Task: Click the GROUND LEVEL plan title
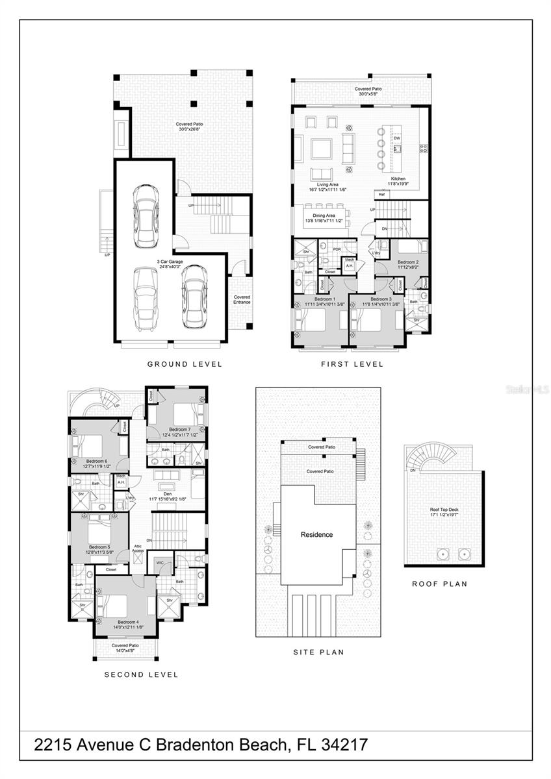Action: pos(185,364)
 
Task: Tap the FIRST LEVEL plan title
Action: pos(352,364)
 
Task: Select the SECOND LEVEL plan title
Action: pos(141,674)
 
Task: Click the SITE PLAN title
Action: pos(318,652)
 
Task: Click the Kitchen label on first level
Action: pos(398,179)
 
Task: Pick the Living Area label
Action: pos(327,185)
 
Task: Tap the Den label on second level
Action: pos(163,495)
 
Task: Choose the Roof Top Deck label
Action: pos(444,510)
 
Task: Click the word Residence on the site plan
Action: pos(316,535)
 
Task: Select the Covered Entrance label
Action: pos(242,299)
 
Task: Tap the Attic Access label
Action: pos(138,548)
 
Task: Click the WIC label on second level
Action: pos(160,563)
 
